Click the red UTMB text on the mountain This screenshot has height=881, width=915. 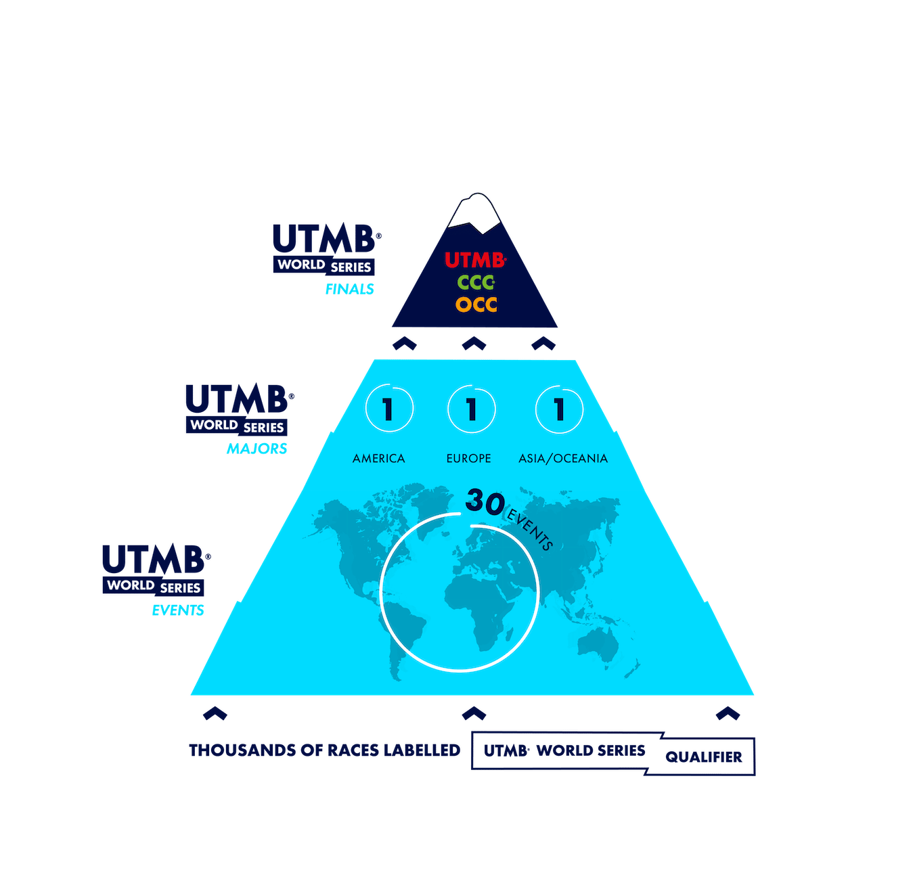[474, 260]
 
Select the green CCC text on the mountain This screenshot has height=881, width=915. [475, 282]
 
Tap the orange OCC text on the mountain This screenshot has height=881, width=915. [476, 304]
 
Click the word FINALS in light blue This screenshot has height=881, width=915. [349, 290]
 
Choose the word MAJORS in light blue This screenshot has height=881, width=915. [256, 449]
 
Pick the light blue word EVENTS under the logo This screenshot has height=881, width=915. [177, 610]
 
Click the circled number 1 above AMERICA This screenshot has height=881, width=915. [388, 409]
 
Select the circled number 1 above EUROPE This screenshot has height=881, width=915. [472, 409]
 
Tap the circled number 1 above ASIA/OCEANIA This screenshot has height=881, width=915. [559, 409]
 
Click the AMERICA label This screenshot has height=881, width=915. [378, 459]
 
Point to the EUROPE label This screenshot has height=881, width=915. [468, 459]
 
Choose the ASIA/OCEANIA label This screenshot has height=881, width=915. [563, 459]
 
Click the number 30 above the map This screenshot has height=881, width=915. [485, 503]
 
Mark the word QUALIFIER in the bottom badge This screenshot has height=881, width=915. [703, 757]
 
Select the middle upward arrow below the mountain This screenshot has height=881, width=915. [474, 343]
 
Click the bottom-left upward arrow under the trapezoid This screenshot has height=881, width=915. [215, 713]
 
